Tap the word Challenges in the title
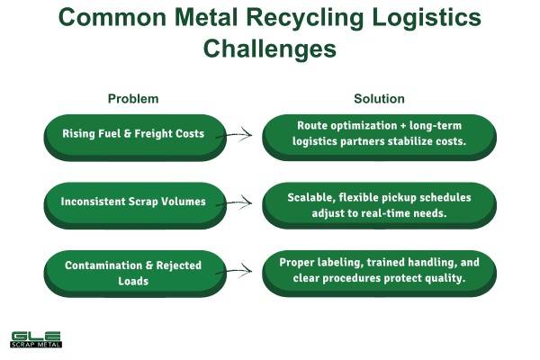(270, 49)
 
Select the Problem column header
(133, 98)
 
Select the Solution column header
(379, 98)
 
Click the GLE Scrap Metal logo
(35, 339)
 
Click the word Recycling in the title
(299, 21)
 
